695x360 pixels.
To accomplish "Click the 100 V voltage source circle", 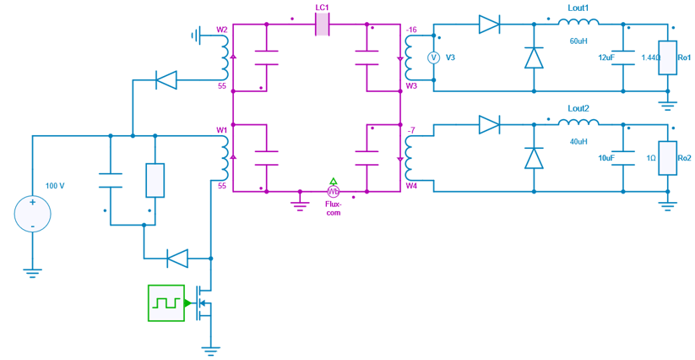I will tap(33, 214).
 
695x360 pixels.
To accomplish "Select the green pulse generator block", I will tap(166, 303).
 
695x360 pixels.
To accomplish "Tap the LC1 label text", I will tap(322, 8).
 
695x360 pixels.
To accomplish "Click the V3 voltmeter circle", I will tap(433, 57).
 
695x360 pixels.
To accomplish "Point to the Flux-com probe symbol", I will tap(333, 192).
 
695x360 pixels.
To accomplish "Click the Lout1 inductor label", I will tap(578, 8).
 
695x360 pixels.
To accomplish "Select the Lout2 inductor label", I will tap(578, 108).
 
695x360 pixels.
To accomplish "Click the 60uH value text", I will tap(578, 41).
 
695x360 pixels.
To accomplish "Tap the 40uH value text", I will tap(578, 141).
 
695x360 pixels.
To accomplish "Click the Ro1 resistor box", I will tap(667, 57).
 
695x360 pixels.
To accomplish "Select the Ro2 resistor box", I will tap(667, 158).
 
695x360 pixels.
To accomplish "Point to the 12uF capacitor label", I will tap(605, 57).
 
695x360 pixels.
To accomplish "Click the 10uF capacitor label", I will tap(605, 158).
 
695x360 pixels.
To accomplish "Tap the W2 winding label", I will tap(222, 30).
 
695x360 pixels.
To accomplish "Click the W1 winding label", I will tap(222, 130).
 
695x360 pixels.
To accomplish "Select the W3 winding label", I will tap(411, 85).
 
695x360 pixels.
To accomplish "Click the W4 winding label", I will tap(411, 186).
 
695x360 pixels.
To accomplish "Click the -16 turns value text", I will tap(411, 30).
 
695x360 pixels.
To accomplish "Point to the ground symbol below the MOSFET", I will tap(210, 347).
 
